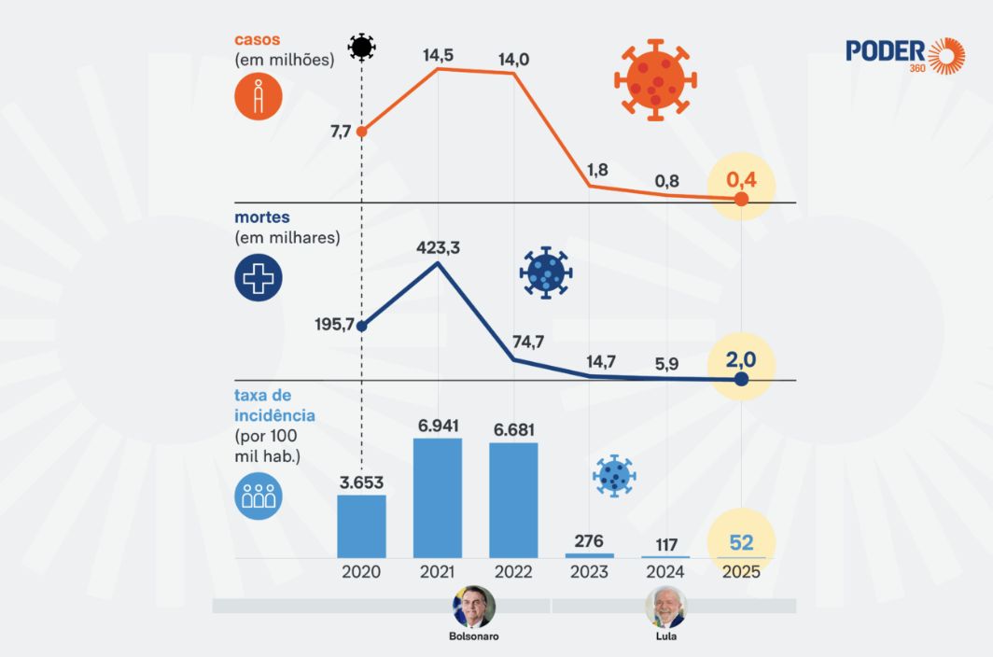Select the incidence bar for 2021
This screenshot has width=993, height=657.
(x=438, y=497)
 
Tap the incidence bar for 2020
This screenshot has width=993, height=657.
(x=361, y=525)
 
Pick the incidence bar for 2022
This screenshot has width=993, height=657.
(x=513, y=499)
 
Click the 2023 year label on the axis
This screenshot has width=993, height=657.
(x=589, y=572)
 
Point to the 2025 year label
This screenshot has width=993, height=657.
(x=741, y=572)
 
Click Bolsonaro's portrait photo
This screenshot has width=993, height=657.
(x=474, y=608)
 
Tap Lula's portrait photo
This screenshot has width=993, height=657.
(x=665, y=608)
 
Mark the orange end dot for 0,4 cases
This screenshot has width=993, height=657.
(x=741, y=200)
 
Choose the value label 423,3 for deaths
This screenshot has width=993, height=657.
(x=438, y=248)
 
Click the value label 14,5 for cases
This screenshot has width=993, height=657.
(x=438, y=55)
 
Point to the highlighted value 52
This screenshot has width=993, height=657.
(x=741, y=542)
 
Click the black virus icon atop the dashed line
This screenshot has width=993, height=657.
(x=361, y=47)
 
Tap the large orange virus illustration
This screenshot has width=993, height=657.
(x=655, y=79)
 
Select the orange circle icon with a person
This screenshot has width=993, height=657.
(x=259, y=97)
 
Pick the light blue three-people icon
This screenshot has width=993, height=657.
(x=259, y=495)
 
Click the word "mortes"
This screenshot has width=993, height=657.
(x=262, y=217)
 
